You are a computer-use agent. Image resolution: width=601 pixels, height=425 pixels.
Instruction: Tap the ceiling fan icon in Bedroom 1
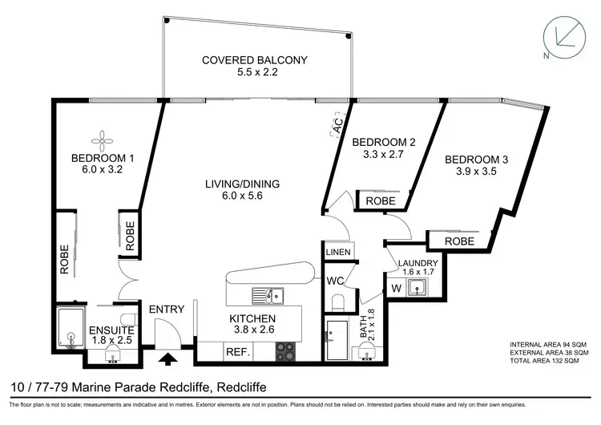pos(101,141)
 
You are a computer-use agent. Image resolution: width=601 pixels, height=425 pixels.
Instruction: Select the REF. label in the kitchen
pos(238,352)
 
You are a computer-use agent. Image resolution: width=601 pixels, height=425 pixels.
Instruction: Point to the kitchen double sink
pos(268,296)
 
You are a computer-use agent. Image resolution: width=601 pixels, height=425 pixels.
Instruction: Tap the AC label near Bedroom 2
pos(337,126)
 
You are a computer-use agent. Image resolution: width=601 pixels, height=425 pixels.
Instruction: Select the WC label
pos(336,281)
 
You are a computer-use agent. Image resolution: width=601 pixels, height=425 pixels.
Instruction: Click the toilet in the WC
pos(337,302)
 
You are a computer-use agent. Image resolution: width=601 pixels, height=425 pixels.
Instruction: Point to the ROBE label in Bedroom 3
pos(459,241)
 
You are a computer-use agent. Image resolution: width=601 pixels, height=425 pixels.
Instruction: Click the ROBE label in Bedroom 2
pos(381,201)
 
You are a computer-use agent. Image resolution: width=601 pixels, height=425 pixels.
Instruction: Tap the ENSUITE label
pos(111,330)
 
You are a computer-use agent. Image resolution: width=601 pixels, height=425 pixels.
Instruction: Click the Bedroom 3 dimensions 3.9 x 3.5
pos(476,171)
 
